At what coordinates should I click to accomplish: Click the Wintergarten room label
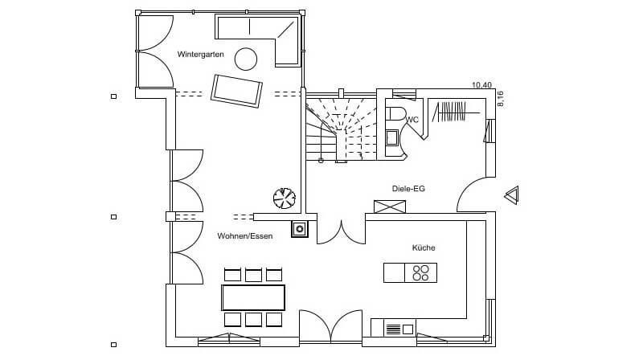click(200, 54)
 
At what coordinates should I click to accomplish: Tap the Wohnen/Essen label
click(244, 236)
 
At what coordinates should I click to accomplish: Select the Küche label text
click(424, 247)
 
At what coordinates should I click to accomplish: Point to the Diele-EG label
click(408, 188)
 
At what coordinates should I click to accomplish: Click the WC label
click(413, 120)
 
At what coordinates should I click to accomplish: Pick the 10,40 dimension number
click(481, 85)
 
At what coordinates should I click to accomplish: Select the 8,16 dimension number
click(500, 98)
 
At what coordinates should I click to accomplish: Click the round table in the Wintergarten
click(245, 58)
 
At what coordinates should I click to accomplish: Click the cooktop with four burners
click(420, 273)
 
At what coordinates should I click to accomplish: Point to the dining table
click(253, 297)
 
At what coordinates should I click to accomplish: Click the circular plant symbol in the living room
click(284, 197)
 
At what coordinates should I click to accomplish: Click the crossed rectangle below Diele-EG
click(391, 207)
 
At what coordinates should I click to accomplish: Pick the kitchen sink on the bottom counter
click(394, 328)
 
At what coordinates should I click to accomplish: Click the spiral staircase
click(342, 129)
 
